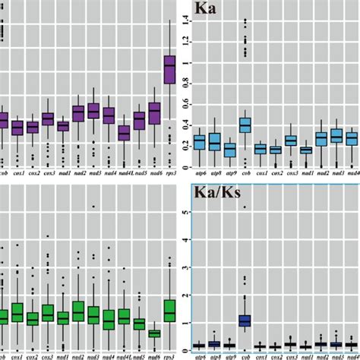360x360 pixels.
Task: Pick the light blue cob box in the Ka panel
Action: point(245,125)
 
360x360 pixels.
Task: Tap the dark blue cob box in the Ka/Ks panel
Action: point(245,320)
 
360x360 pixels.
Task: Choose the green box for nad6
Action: point(155,333)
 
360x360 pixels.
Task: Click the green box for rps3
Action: point(169,311)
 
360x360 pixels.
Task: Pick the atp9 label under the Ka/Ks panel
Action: point(229,354)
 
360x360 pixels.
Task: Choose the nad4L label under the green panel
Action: point(124,355)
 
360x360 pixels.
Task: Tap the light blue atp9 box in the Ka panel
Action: point(229,150)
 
